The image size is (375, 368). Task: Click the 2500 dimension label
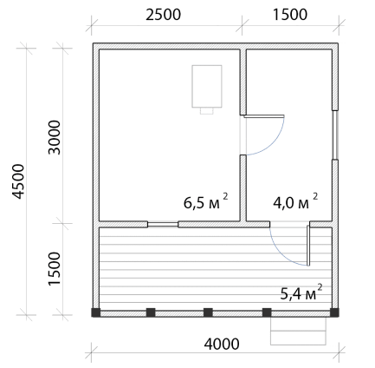pos(163,15)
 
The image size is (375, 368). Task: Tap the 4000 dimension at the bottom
pos(222,344)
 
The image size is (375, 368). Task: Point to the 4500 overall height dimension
pos(18,181)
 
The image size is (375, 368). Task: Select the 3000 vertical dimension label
pos(55,137)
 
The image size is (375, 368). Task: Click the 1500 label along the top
pos(290,15)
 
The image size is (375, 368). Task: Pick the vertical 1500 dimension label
pos(55,269)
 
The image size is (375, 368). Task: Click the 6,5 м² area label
pos(206,201)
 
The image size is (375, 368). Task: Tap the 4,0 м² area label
pos(295,201)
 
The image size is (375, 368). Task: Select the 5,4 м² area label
pos(301,292)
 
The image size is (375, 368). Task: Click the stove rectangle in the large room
pos(207,86)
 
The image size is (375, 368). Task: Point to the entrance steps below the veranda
pos(298,331)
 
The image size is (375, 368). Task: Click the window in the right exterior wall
pos(335,135)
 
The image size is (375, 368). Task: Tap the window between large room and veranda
pos(163,224)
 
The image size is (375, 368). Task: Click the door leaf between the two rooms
pos(264,116)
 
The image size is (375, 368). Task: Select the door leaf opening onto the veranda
pos(308,246)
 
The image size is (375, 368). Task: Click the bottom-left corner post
pos(96,312)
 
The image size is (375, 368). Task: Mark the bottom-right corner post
pos(334,312)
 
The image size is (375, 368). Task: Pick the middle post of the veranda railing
pos(208,312)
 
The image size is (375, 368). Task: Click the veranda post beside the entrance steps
pos(267,312)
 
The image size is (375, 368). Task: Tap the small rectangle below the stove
pos(207,111)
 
